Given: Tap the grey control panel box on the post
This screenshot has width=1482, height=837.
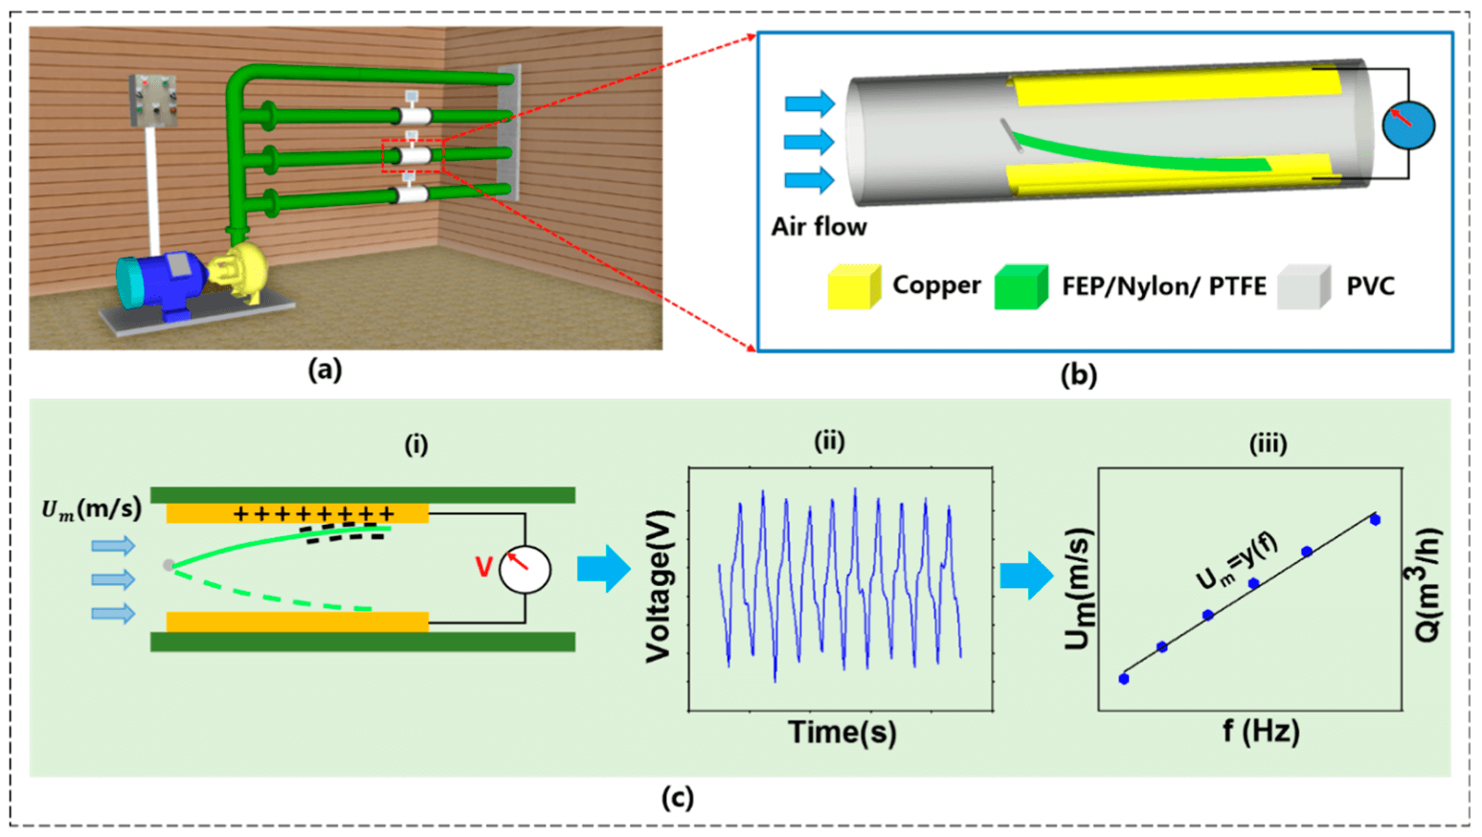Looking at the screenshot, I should [153, 102].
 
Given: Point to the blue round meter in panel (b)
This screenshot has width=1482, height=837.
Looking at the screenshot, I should [1408, 125].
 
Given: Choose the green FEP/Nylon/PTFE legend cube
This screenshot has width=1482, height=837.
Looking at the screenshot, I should [1021, 286].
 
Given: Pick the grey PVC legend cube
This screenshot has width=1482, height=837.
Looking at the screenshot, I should [1303, 286].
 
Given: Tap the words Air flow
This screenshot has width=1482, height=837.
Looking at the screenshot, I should [819, 227].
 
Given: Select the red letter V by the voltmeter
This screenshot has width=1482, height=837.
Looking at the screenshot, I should [484, 567].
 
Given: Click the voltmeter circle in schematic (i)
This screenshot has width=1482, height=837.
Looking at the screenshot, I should [526, 570].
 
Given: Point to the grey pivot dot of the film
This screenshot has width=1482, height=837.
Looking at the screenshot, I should [168, 565].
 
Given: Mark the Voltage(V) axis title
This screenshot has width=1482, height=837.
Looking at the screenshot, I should [659, 586].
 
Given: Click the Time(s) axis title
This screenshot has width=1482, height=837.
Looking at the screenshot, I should [842, 733].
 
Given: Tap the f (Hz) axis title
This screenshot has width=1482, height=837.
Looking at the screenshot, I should [1261, 733].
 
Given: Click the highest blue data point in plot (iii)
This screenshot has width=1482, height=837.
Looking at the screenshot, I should [1375, 520].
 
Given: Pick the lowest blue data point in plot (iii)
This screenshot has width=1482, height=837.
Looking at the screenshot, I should [1124, 679].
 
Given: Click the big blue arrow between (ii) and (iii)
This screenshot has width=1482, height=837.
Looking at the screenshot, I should [1026, 576].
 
